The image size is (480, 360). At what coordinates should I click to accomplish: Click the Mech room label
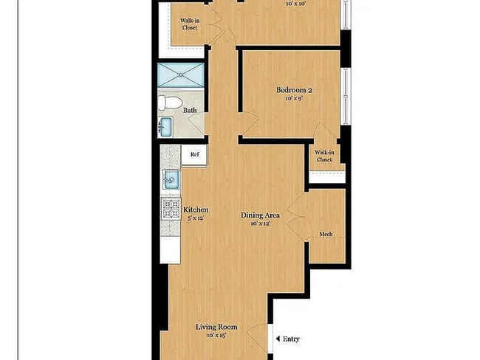tap(326, 235)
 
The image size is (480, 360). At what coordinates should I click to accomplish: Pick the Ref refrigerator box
tap(194, 155)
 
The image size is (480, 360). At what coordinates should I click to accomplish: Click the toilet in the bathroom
tap(168, 103)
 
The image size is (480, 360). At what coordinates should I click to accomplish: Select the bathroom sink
tap(165, 127)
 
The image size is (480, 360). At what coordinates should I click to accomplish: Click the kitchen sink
tap(171, 179)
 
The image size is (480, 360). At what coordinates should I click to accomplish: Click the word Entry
tap(292, 339)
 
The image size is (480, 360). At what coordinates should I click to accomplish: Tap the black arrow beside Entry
tap(278, 339)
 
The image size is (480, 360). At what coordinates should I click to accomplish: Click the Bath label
tap(191, 111)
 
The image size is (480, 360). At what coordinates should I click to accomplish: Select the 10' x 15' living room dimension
tap(217, 336)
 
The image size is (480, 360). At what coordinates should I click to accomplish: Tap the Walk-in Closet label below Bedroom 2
tap(325, 156)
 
